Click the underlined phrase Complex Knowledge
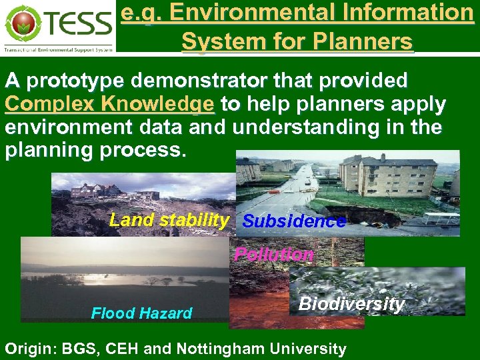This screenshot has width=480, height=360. click(x=110, y=105)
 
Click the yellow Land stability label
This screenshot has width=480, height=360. click(x=169, y=220)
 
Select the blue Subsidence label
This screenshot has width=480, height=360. click(x=294, y=221)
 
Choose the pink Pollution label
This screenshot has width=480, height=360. click(x=274, y=255)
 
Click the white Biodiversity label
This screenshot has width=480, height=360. click(x=351, y=304)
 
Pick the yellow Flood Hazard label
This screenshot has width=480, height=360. click(x=141, y=313)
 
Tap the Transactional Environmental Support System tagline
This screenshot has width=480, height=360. click(x=58, y=49)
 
